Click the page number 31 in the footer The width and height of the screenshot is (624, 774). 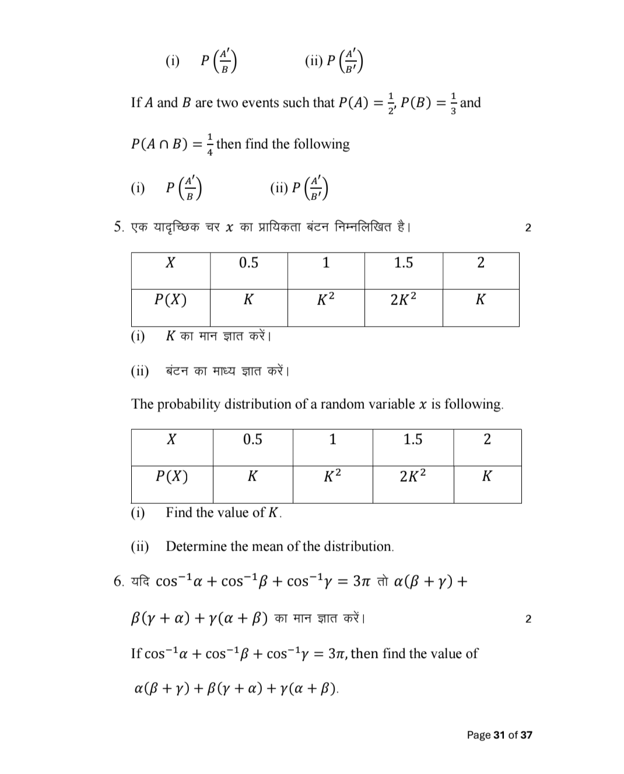tap(499, 735)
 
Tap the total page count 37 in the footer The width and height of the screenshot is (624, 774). tap(526, 735)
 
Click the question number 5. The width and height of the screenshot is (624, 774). tap(118, 227)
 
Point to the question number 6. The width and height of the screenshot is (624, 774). tap(118, 581)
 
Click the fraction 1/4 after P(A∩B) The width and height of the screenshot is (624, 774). tap(210, 144)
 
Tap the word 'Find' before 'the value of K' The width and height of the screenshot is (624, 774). tap(179, 513)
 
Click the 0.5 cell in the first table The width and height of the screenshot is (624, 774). tap(248, 262)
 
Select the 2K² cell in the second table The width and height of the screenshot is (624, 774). tap(412, 477)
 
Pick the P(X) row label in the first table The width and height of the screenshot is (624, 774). tap(170, 300)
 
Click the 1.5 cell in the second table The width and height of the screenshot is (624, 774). tap(412, 439)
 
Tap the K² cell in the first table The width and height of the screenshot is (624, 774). tap(325, 300)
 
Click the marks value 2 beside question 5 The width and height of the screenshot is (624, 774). tap(528, 227)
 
